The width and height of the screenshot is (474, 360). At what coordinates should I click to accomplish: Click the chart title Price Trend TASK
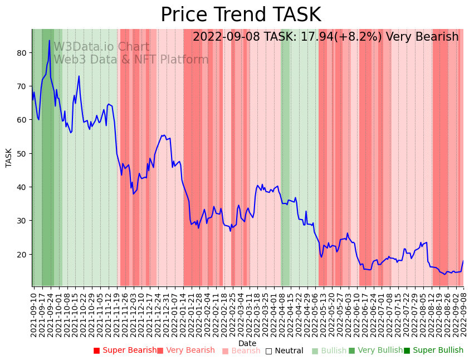[241, 15]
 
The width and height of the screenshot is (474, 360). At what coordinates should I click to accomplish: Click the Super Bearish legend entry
[125, 351]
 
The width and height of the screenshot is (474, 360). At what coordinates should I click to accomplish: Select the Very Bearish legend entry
[186, 351]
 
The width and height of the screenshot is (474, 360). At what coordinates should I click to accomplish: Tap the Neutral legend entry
[285, 351]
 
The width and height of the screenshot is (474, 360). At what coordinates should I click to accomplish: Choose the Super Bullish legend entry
[434, 351]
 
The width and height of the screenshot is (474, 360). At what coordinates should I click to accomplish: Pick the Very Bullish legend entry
[376, 351]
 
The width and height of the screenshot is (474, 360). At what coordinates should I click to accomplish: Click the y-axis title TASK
[9, 158]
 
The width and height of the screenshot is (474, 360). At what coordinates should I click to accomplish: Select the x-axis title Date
[247, 344]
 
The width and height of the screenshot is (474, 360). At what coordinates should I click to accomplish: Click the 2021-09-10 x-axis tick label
[33, 313]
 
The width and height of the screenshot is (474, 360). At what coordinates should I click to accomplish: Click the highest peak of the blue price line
[49, 40]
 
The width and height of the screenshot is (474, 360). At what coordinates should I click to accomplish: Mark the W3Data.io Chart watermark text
[101, 47]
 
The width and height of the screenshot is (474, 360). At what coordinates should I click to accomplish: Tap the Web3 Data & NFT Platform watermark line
[131, 60]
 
